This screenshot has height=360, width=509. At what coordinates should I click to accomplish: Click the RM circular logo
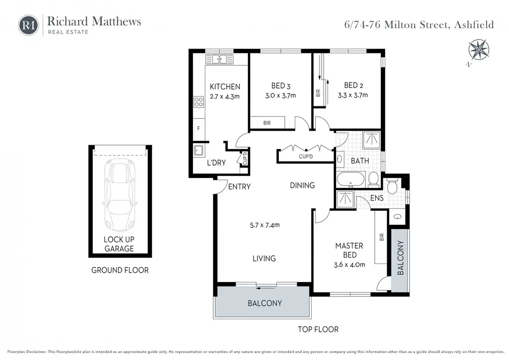pyautogui.click(x=28, y=25)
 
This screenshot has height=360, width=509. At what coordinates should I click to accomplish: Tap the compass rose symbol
pyautogui.click(x=479, y=50)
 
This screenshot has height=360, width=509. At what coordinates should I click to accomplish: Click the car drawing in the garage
pyautogui.click(x=120, y=196)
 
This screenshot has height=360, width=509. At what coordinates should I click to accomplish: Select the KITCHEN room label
pyautogui.click(x=225, y=87)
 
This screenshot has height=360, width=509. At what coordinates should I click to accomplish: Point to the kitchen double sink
pyautogui.click(x=219, y=59)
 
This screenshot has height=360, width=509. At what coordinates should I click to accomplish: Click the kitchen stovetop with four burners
pyautogui.click(x=199, y=102)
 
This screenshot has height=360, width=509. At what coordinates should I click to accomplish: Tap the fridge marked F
pyautogui.click(x=199, y=129)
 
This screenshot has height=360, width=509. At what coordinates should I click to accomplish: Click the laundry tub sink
pyautogui.click(x=198, y=150)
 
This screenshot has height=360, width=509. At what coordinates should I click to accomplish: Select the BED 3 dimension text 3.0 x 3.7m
pyautogui.click(x=280, y=96)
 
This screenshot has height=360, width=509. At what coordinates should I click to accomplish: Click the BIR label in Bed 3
pyautogui.click(x=267, y=123)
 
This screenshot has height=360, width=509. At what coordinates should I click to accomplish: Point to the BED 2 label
pyautogui.click(x=353, y=86)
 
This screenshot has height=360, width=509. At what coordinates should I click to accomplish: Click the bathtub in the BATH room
pyautogui.click(x=351, y=180)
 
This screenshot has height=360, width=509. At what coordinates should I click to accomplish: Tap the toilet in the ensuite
pyautogui.click(x=392, y=186)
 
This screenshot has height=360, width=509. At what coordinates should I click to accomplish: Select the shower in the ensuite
pyautogui.click(x=345, y=199)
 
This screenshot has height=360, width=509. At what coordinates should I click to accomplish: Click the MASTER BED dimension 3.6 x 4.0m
pyautogui.click(x=349, y=265)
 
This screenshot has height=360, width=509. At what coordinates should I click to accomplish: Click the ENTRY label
pyautogui.click(x=239, y=186)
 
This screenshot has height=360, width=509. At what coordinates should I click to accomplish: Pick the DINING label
pyautogui.click(x=302, y=185)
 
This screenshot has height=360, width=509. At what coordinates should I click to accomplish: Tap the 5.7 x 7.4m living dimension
pyautogui.click(x=264, y=225)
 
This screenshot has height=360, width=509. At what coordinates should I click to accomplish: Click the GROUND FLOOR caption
pyautogui.click(x=120, y=270)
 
